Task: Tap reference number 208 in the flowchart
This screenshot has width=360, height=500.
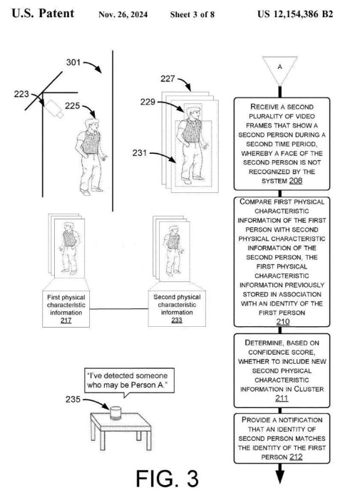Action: click(296, 181)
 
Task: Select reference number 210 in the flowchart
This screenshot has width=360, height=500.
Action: click(283, 321)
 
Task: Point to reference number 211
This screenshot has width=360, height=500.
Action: click(282, 398)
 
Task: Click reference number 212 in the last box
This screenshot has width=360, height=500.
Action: click(296, 457)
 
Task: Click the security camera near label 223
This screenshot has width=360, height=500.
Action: click(53, 109)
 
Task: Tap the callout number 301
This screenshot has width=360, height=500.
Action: click(73, 62)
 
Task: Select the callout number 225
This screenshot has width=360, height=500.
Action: click(72, 105)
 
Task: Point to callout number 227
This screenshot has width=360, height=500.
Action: click(168, 78)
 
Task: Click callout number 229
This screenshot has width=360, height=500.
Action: click(148, 102)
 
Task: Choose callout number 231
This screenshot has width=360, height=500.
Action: click(140, 153)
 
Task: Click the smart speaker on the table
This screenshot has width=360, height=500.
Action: click(115, 413)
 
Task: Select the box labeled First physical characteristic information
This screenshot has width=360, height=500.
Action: click(66, 308)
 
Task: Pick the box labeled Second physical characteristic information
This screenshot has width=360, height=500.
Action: click(177, 308)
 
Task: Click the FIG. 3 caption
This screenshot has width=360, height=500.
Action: click(168, 479)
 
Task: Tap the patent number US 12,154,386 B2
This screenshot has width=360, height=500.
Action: click(295, 14)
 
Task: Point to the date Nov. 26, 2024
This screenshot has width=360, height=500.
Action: click(123, 15)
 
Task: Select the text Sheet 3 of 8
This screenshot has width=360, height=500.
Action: click(192, 15)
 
